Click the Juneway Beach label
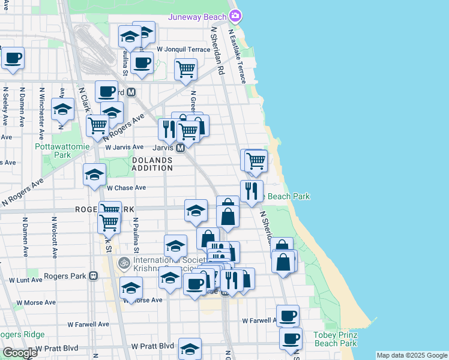click(197, 17)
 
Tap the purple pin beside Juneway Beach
click(236, 16)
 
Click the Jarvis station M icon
click(180, 147)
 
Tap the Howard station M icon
click(131, 92)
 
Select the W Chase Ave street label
click(126, 187)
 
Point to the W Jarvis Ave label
click(124, 147)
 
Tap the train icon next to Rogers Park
click(93, 276)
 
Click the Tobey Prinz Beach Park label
click(336, 338)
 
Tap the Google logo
click(20, 353)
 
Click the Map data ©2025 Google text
click(412, 355)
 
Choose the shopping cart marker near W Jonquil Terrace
click(186, 69)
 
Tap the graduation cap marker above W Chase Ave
click(94, 175)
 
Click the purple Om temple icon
click(124, 262)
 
